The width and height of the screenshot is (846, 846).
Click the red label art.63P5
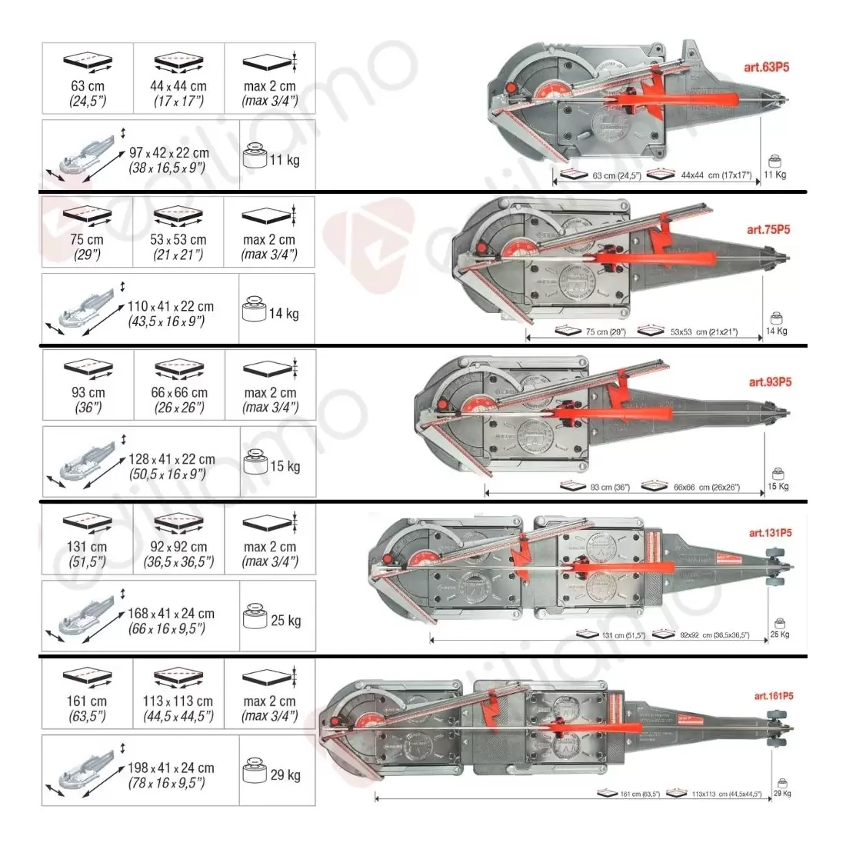click(x=766, y=67)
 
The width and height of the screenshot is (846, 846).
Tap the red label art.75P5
click(x=768, y=229)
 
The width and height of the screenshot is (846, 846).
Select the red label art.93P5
click(x=770, y=382)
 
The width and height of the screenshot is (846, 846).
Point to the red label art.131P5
click(x=770, y=533)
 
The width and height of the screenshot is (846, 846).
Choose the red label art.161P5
click(x=773, y=696)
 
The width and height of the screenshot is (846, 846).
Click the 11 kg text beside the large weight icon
click(x=285, y=160)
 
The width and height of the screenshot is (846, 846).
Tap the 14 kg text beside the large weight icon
click(x=284, y=314)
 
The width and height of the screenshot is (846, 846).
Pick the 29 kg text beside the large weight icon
click(x=285, y=775)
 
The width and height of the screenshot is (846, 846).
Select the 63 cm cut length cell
click(x=88, y=78)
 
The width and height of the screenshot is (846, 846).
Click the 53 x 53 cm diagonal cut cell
click(x=178, y=231)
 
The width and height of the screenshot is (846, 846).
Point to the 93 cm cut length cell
click(x=88, y=385)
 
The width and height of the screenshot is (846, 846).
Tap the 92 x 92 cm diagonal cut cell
click(x=178, y=538)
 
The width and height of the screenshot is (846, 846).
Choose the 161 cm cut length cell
click(x=87, y=693)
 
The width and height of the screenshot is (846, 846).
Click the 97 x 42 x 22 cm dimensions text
click(x=168, y=160)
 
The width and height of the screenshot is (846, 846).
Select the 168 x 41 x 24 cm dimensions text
click(x=171, y=621)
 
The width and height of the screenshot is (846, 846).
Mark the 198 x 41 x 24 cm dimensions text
click(x=171, y=775)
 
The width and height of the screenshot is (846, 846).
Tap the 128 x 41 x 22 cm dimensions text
click(x=172, y=466)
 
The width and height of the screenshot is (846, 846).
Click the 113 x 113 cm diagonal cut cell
click(x=178, y=693)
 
